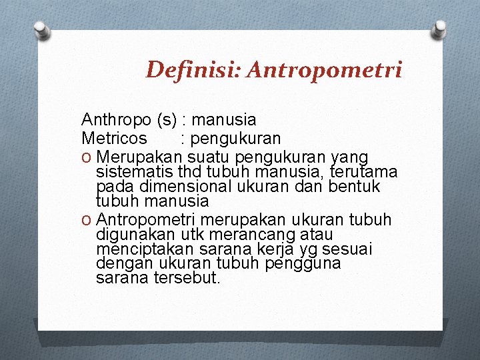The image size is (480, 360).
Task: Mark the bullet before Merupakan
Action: coord(87,157)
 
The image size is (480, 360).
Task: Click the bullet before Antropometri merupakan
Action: coord(87,220)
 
